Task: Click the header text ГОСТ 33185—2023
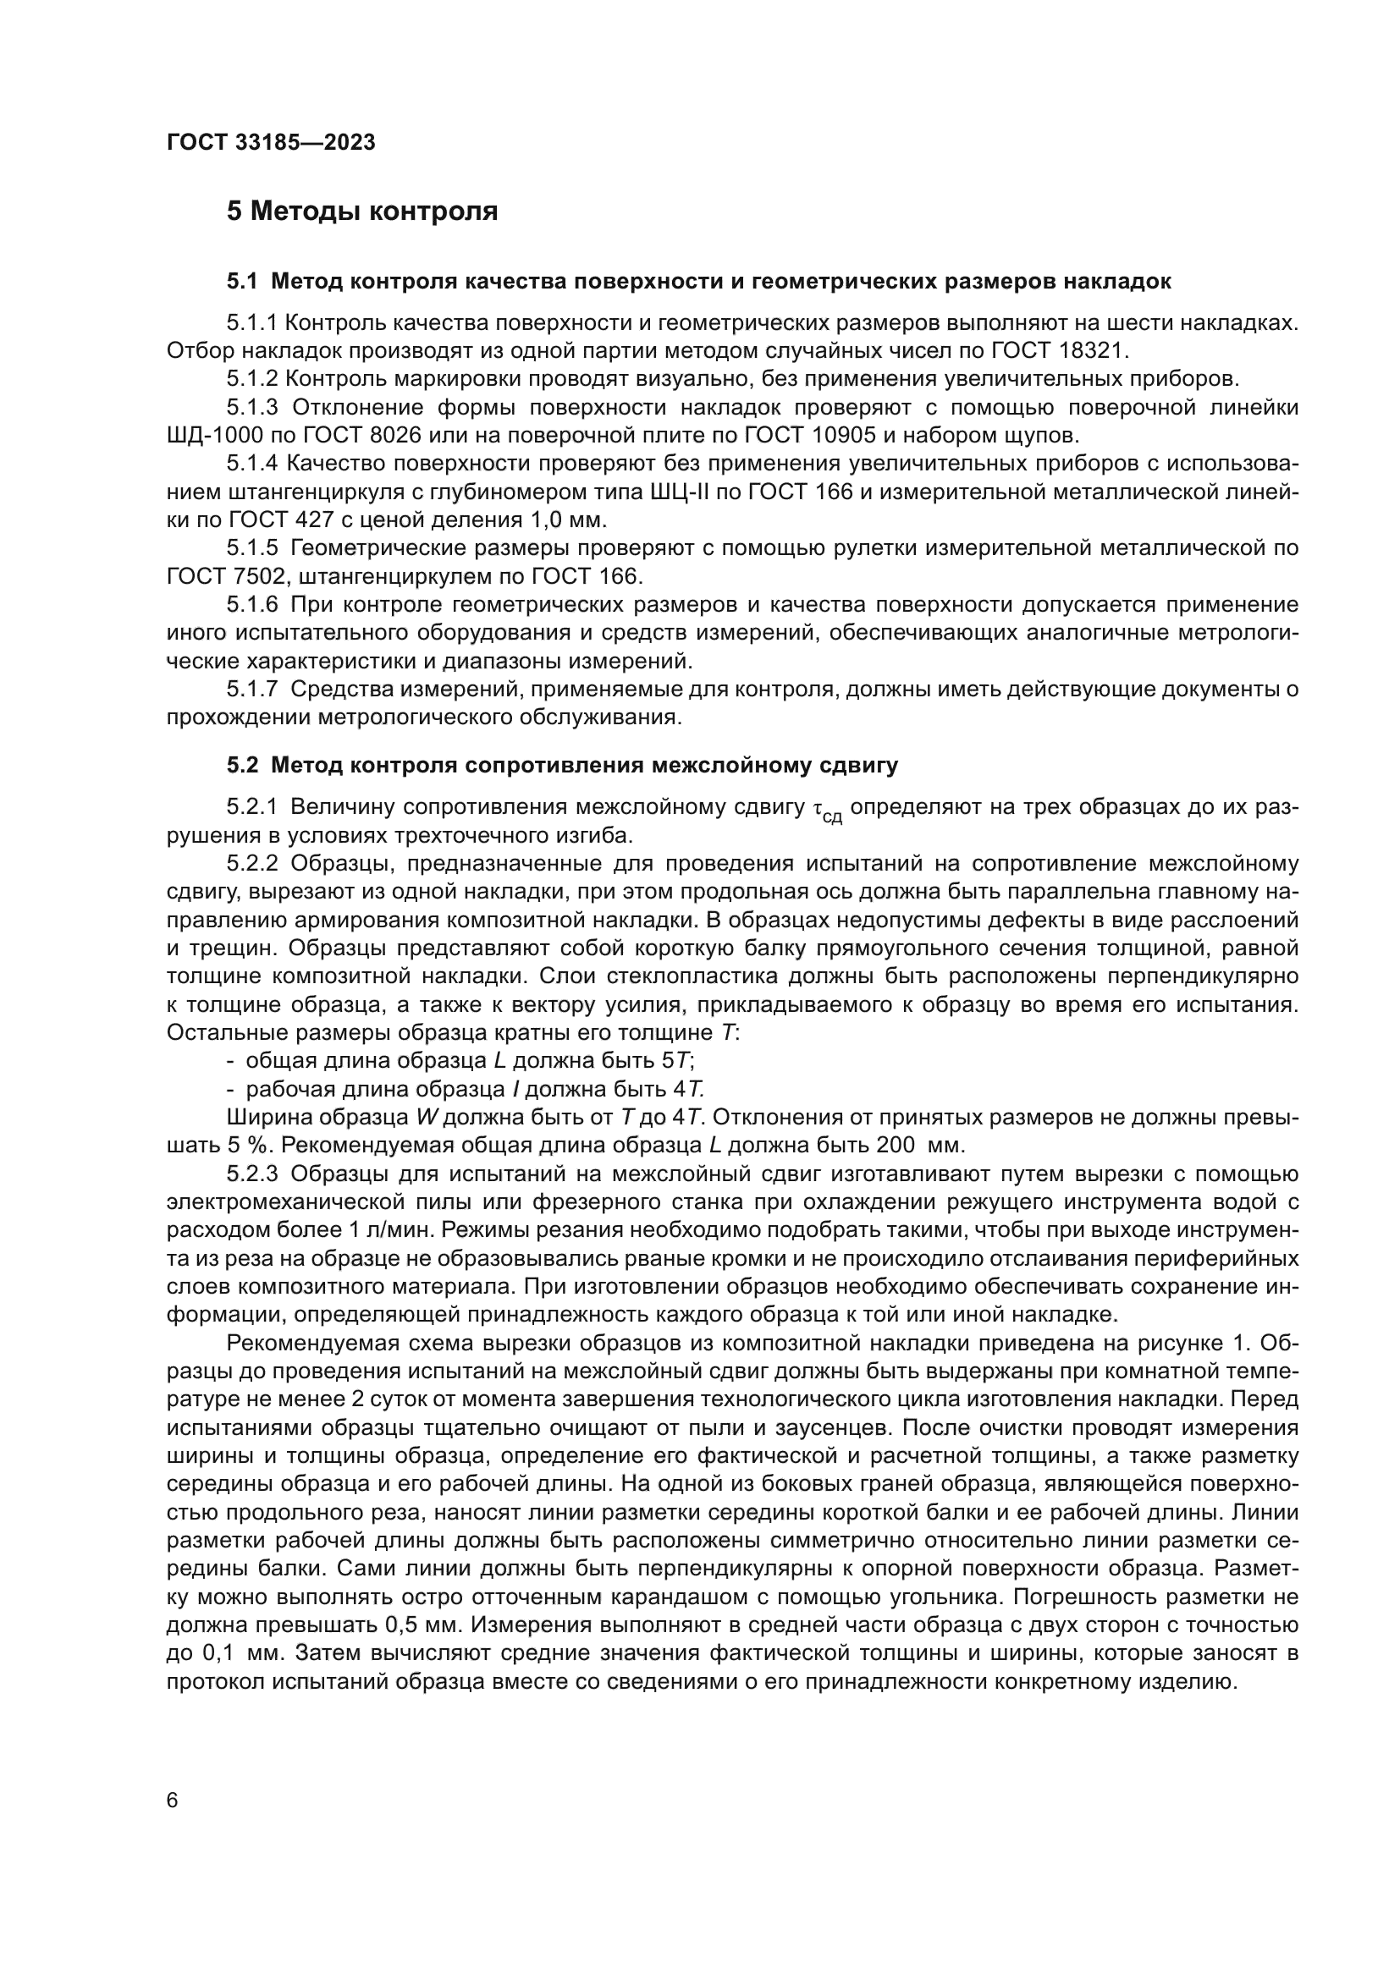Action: coord(271,143)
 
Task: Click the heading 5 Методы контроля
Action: coord(362,212)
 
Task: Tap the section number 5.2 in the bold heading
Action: coord(243,766)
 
